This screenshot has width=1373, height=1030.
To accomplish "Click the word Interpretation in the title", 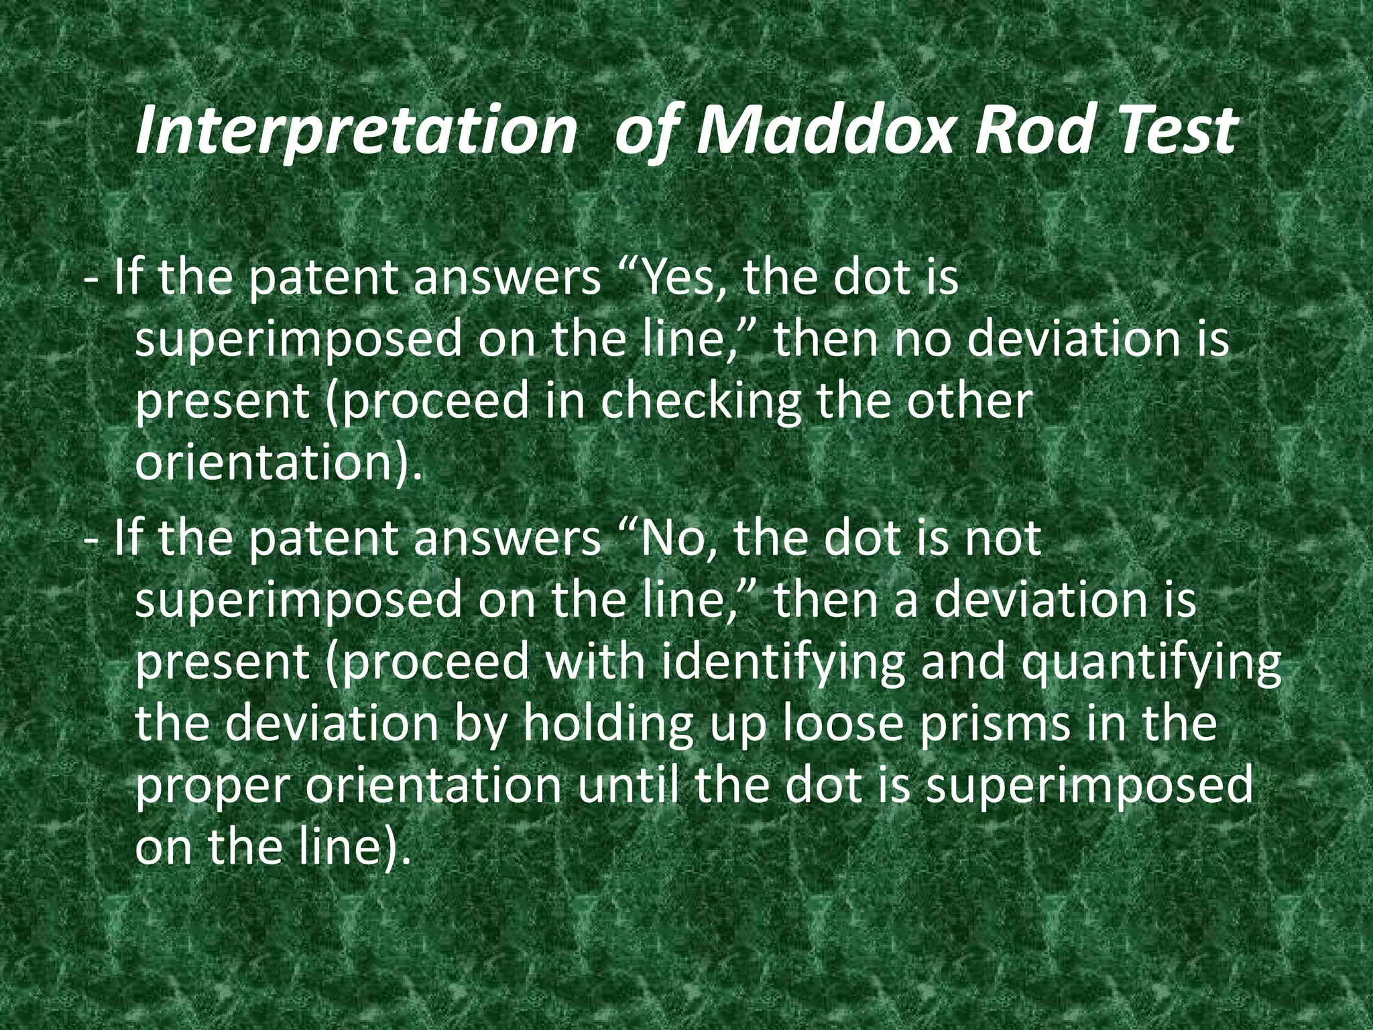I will (355, 131).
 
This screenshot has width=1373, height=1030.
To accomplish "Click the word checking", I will (699, 402).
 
